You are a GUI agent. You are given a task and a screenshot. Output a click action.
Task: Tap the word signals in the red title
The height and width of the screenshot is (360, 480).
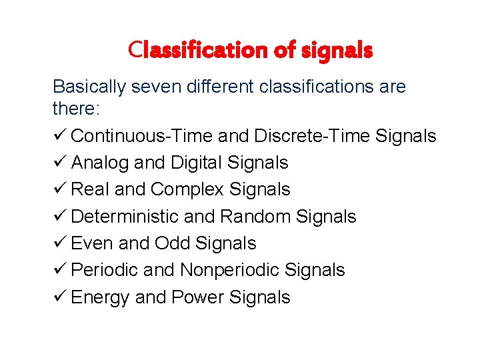click(339, 49)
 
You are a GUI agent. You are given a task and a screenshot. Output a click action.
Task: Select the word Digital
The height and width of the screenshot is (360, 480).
click(198, 163)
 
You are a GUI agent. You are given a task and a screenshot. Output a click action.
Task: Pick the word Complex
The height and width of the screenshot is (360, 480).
click(187, 189)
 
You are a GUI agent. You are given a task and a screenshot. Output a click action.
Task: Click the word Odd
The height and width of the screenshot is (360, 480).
click(172, 243)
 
